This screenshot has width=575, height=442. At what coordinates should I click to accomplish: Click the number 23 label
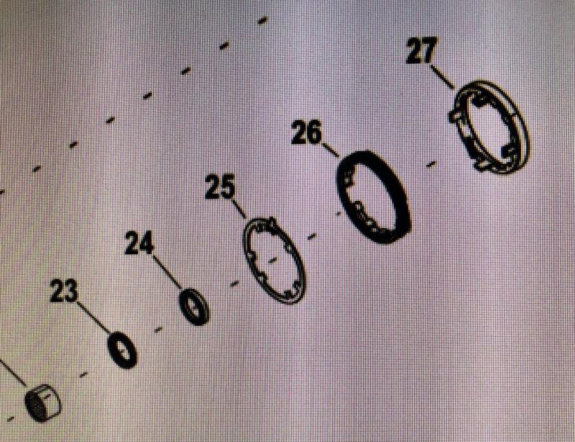[x=64, y=291]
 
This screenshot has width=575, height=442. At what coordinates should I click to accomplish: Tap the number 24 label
[x=139, y=243]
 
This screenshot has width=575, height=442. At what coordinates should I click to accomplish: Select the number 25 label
[x=220, y=186]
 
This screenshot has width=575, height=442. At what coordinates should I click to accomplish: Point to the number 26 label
[x=306, y=132]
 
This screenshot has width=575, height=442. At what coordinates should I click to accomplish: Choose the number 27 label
[x=422, y=50]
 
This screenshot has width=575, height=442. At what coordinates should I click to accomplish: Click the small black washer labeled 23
[x=122, y=350]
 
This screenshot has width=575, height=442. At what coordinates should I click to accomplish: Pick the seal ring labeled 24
[x=194, y=307]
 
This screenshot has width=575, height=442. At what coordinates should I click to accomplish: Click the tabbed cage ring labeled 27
[x=520, y=121]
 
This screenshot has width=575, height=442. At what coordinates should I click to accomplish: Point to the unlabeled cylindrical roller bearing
[x=42, y=402]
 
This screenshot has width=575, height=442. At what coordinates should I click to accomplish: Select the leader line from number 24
[x=167, y=272]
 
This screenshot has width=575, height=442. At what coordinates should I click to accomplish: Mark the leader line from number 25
[x=239, y=208]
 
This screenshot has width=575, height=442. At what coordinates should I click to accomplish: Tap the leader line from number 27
[x=442, y=77]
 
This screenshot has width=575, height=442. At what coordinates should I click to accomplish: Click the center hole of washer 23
[x=122, y=350]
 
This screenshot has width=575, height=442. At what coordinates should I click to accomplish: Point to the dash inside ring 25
[x=272, y=260]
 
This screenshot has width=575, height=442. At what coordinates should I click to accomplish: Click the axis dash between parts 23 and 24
[x=158, y=330]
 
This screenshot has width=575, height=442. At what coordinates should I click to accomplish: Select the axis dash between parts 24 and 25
[x=234, y=284]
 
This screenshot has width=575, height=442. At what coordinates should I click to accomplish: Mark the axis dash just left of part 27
[x=432, y=164]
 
